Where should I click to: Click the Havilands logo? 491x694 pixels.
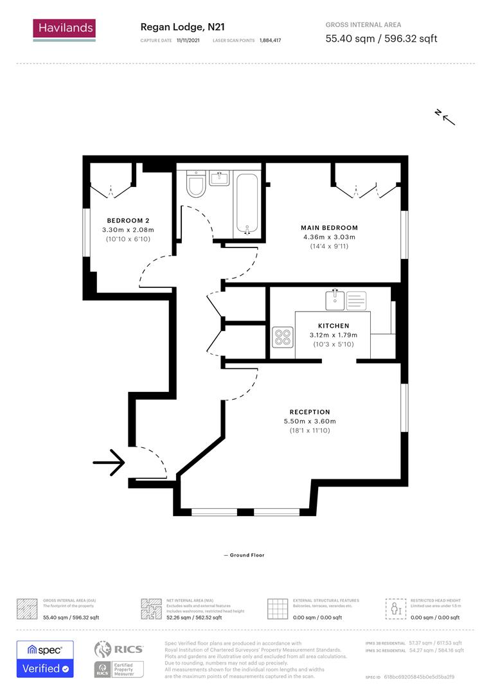(x=64, y=29)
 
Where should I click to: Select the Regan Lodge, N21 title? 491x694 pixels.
(x=182, y=27)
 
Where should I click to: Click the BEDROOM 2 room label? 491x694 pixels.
(x=128, y=220)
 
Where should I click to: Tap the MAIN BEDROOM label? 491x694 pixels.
(x=329, y=227)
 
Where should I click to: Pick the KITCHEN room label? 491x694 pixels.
(x=333, y=326)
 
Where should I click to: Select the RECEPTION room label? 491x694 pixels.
(x=310, y=412)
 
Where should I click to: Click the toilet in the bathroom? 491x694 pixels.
(x=195, y=186)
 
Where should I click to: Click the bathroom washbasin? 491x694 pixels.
(x=219, y=177)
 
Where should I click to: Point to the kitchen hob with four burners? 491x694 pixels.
(x=282, y=337)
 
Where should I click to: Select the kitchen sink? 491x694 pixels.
(x=335, y=299)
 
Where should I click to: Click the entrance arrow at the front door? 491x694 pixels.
(x=109, y=461)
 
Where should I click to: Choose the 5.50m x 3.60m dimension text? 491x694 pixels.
(x=310, y=422)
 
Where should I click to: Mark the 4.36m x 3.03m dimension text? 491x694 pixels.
(x=329, y=237)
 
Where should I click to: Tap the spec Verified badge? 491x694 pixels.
(x=45, y=659)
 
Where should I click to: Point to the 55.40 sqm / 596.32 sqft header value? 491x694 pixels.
(x=381, y=39)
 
